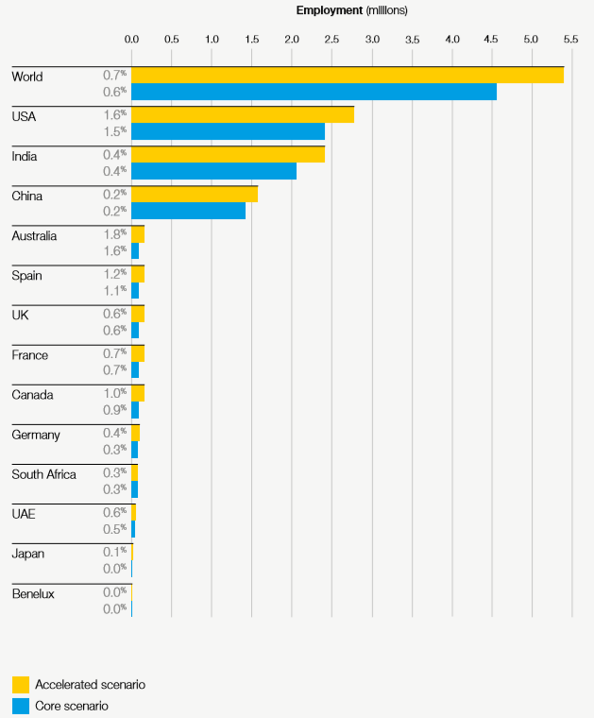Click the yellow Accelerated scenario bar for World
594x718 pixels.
(x=348, y=75)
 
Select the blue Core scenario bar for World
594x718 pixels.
(x=314, y=92)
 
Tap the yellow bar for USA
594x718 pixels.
(x=243, y=114)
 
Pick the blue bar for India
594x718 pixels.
(x=213, y=171)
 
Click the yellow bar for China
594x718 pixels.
(x=195, y=194)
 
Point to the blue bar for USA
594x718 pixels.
(x=228, y=131)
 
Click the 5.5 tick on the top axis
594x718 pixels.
(x=572, y=40)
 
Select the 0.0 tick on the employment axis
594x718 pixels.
(x=132, y=40)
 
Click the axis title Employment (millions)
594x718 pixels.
(x=351, y=10)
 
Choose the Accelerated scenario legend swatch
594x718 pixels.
(x=20, y=684)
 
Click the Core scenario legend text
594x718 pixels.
(x=72, y=706)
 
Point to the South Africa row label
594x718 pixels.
(x=43, y=474)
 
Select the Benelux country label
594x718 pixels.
(x=33, y=593)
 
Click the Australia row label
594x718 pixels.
(x=34, y=236)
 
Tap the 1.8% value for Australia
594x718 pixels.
(x=115, y=233)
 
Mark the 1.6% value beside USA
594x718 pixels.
(x=115, y=114)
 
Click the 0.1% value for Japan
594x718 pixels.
(x=115, y=551)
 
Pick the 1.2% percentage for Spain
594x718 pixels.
(x=115, y=273)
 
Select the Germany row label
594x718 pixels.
(x=36, y=435)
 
